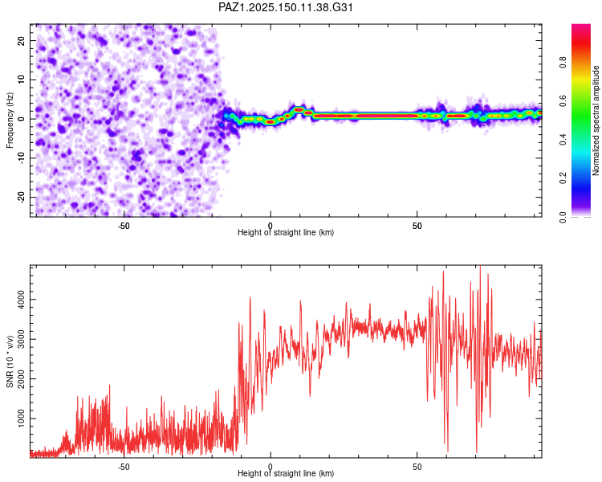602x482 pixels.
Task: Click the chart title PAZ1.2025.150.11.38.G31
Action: click(x=285, y=7)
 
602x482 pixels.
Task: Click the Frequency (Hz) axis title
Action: click(x=10, y=120)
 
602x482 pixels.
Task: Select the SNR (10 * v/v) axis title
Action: click(x=10, y=361)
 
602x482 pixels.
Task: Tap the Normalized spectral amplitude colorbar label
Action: click(x=596, y=120)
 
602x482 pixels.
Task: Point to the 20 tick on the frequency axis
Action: click(x=22, y=40)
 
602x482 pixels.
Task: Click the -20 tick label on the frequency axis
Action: click(x=22, y=197)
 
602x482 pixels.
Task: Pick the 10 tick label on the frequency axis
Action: click(x=22, y=80)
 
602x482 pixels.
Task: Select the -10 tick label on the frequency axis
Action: click(x=22, y=158)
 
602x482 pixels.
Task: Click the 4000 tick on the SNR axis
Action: click(x=22, y=300)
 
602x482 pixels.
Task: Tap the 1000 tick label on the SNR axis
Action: click(x=22, y=419)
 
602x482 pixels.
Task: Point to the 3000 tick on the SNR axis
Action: click(x=22, y=339)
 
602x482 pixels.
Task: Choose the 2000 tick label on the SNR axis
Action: click(x=22, y=378)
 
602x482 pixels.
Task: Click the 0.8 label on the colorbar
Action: click(x=563, y=63)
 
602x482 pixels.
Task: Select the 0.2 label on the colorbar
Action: click(x=563, y=178)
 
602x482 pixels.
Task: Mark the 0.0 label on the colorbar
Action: click(x=563, y=217)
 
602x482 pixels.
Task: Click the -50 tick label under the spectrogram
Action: click(x=124, y=226)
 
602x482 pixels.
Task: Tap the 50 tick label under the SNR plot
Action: click(x=417, y=467)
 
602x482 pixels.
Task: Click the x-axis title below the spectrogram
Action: click(x=286, y=232)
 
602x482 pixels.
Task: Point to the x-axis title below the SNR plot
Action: click(x=286, y=473)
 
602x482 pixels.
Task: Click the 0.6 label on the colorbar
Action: click(x=563, y=101)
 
